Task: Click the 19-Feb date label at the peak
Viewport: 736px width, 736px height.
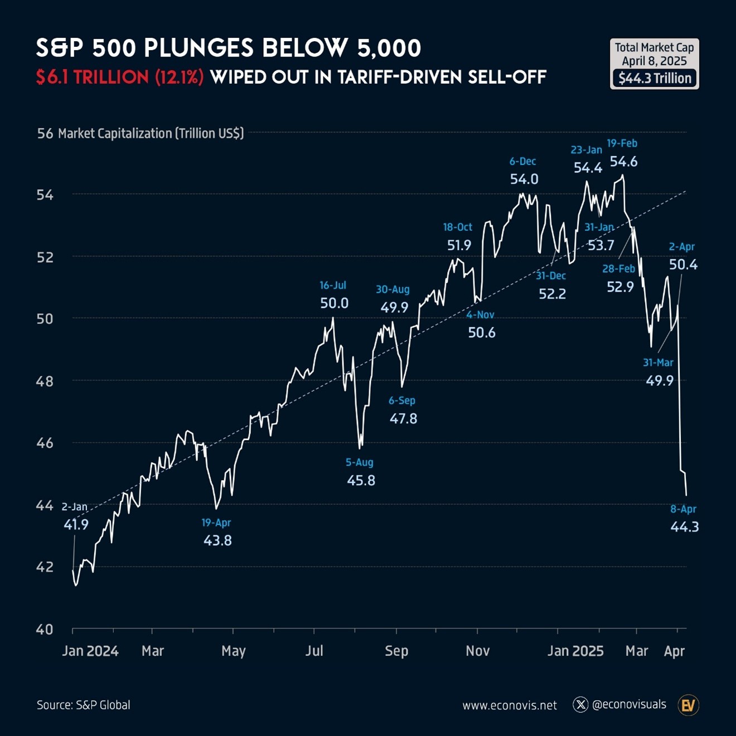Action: (x=622, y=143)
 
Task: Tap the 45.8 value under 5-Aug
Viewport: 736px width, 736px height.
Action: (x=361, y=480)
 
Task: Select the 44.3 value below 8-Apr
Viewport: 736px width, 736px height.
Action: (x=685, y=527)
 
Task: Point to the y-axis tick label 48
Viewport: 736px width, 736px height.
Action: (x=45, y=381)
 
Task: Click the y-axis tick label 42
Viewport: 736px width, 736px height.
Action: (x=45, y=567)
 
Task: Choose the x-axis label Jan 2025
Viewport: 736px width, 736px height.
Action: (x=575, y=651)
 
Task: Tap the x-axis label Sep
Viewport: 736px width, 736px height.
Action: (x=396, y=651)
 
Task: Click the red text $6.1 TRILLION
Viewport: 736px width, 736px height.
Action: (x=93, y=77)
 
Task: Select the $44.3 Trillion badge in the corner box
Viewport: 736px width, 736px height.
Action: (x=655, y=78)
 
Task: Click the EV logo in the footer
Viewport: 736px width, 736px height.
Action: (x=688, y=705)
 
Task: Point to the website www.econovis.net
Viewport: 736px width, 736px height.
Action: (x=510, y=705)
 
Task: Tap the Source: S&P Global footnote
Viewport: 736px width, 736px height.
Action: (x=83, y=705)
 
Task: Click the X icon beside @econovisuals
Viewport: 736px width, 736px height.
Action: (x=580, y=705)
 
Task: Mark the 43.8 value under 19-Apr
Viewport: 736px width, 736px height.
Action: (x=217, y=540)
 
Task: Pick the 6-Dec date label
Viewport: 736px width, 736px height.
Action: (x=522, y=161)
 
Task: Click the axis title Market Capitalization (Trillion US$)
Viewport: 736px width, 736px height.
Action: (x=151, y=133)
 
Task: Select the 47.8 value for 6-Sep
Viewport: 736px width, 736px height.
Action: (x=403, y=418)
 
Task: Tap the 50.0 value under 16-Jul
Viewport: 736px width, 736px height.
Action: (x=334, y=303)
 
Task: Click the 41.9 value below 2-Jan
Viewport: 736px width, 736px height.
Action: (x=76, y=525)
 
